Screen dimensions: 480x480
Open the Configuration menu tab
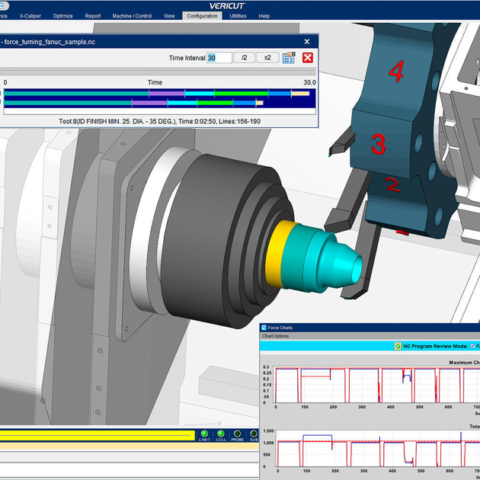click(x=202, y=15)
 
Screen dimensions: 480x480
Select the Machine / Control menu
click(x=131, y=15)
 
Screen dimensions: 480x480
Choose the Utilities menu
click(x=238, y=15)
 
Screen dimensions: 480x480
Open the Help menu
click(x=264, y=15)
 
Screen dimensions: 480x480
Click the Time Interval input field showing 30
click(x=219, y=58)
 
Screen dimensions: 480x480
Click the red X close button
click(x=308, y=58)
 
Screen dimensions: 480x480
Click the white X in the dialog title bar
click(x=307, y=42)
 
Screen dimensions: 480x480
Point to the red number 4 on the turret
click(x=395, y=72)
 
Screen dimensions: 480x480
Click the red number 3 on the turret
click(x=379, y=143)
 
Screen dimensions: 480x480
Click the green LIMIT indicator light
click(x=204, y=434)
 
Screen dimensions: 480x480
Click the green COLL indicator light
click(x=221, y=434)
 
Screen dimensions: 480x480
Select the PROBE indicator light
click(x=238, y=434)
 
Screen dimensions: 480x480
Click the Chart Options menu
click(x=276, y=336)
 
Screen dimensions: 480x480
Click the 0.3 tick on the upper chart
click(x=267, y=367)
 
